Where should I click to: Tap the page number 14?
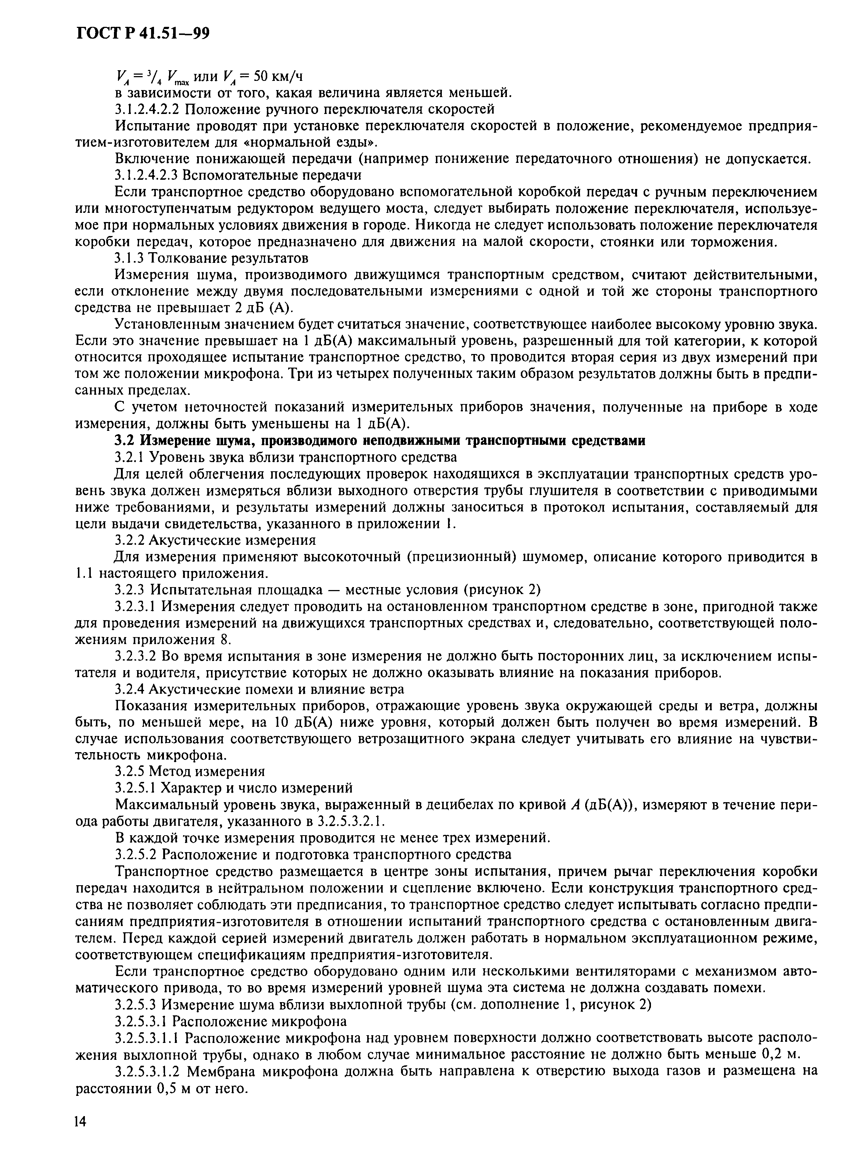coord(80,1136)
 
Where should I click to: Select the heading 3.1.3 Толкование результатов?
coord(211,258)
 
